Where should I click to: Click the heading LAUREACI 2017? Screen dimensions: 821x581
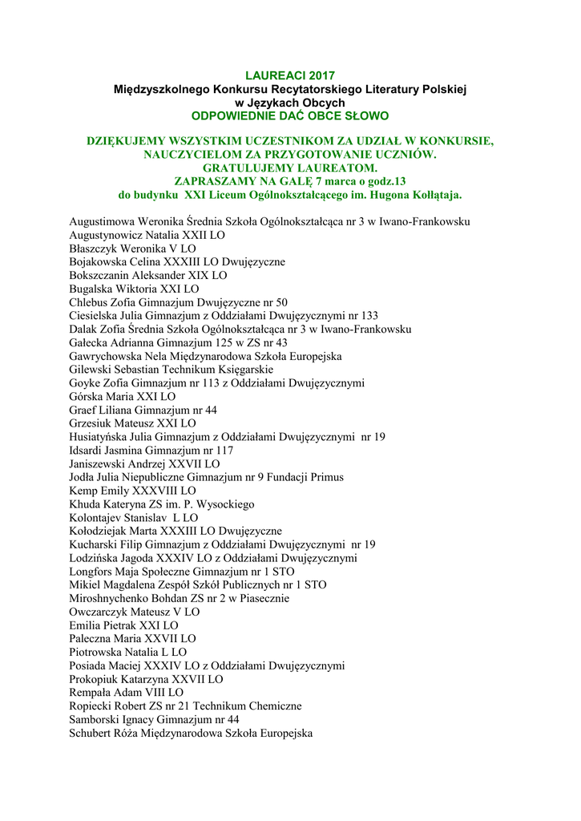tap(290, 75)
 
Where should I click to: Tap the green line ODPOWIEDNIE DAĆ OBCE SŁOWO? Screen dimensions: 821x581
tap(290, 116)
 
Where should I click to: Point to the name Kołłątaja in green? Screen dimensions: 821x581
tap(434, 195)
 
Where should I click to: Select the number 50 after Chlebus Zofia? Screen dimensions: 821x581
tap(281, 302)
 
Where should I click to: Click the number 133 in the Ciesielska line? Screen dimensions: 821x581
tap(369, 316)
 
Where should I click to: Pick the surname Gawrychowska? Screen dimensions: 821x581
tap(107, 356)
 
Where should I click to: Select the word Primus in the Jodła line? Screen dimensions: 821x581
tap(327, 477)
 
